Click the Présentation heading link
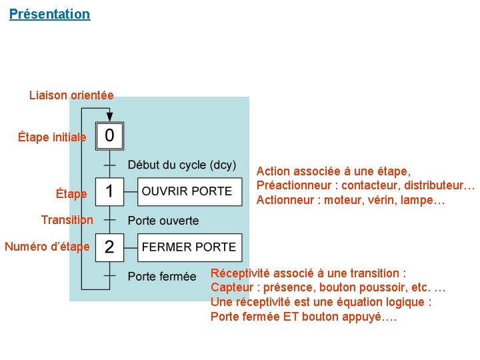click(x=49, y=14)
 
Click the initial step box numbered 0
click(x=109, y=136)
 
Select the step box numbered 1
click(x=109, y=191)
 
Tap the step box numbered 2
click(x=109, y=247)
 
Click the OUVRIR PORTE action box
click(x=187, y=191)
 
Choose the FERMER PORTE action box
click(x=189, y=247)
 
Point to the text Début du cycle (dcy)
click(x=182, y=165)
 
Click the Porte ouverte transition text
click(x=163, y=221)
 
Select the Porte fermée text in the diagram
click(x=162, y=276)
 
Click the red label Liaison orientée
click(x=71, y=95)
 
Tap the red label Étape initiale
click(x=52, y=137)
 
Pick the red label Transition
click(x=67, y=220)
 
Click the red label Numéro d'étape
click(x=47, y=247)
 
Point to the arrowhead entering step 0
click(x=109, y=117)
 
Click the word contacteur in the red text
click(x=365, y=186)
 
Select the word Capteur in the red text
click(x=232, y=288)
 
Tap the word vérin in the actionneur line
click(x=387, y=201)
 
